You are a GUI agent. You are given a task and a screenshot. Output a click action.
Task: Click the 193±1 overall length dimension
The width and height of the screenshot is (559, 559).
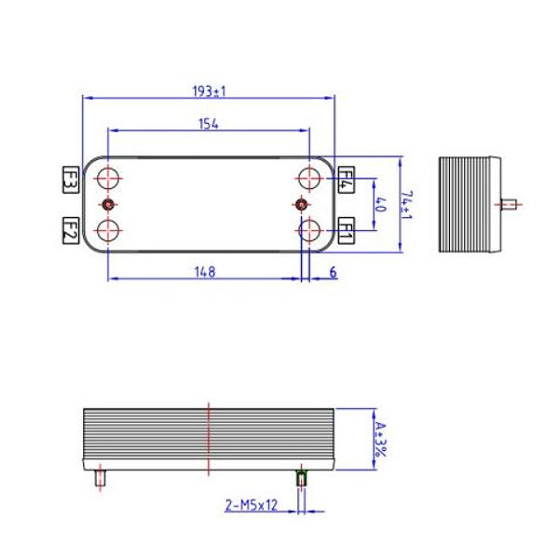pos(210,91)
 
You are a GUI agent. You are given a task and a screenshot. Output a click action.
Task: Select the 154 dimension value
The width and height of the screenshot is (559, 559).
pos(209,124)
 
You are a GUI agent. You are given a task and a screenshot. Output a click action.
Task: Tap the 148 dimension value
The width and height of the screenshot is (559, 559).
pos(205,272)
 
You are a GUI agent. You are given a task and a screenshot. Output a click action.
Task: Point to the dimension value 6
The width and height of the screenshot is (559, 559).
pos(333,272)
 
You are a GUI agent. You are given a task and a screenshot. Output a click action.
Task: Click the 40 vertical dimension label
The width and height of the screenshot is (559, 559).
pos(378,203)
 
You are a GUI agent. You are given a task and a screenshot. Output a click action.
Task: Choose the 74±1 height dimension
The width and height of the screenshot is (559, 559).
pos(406,205)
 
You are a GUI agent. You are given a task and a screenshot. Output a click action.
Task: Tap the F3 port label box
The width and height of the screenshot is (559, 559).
pos(70,178)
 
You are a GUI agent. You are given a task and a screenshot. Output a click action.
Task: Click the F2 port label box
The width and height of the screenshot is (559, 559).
pos(70,228)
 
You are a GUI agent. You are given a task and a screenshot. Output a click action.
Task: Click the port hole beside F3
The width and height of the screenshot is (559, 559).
pos(109,178)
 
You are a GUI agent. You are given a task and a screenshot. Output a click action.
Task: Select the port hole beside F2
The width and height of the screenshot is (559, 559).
pos(109,229)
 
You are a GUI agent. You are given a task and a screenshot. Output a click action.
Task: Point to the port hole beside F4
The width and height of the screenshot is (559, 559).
pos(308,178)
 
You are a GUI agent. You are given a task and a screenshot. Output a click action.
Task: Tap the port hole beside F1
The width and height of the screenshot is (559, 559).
pos(308,229)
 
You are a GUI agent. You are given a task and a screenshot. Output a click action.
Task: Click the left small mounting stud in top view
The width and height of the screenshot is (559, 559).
pos(109,204)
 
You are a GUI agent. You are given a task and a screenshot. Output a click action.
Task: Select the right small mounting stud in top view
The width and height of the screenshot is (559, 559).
pos(300,204)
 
